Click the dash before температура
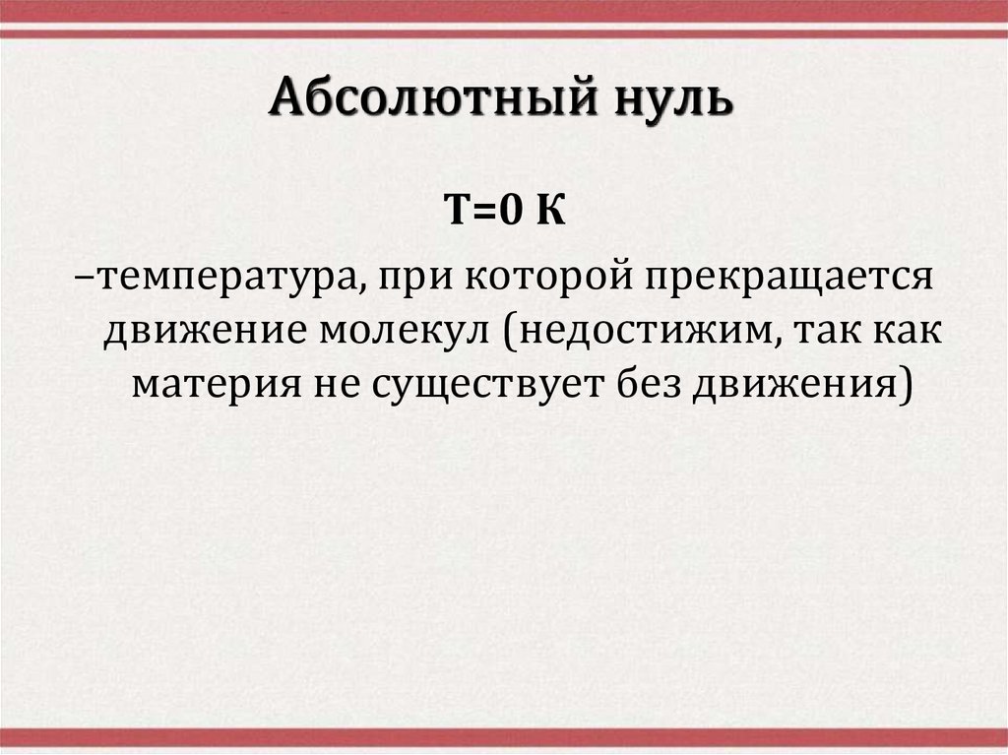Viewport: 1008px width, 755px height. pos(87,278)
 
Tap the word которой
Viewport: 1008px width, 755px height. pos(544,278)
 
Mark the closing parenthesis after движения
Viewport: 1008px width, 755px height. pos(904,383)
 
